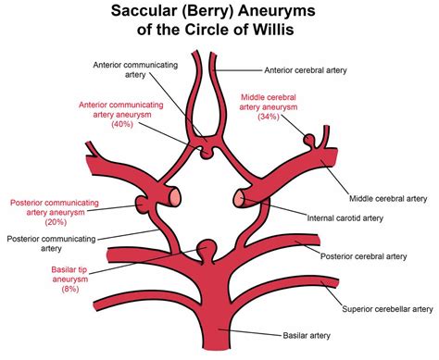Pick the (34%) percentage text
[x=270, y=117]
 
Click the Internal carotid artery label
[x=344, y=218]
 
